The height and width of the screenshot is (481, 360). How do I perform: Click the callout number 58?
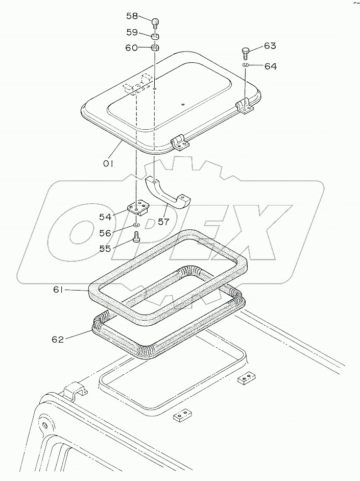click(x=132, y=16)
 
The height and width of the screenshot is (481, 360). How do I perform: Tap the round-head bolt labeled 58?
click(x=155, y=23)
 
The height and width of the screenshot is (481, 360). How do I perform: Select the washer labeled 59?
click(x=155, y=36)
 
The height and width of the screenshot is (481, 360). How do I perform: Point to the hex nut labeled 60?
click(x=155, y=48)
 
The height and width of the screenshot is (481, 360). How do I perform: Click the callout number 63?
click(x=270, y=46)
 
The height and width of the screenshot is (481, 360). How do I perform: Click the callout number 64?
click(x=271, y=66)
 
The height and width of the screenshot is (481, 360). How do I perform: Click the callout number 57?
click(x=163, y=221)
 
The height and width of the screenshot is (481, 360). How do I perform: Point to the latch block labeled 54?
click(x=138, y=208)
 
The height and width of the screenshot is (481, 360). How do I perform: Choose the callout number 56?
click(x=105, y=233)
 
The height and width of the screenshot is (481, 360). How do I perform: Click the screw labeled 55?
click(x=136, y=237)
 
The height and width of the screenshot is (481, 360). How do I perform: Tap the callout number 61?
click(x=58, y=290)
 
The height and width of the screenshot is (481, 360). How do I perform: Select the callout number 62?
click(x=58, y=339)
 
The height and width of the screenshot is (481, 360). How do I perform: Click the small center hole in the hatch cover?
click(x=183, y=105)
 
